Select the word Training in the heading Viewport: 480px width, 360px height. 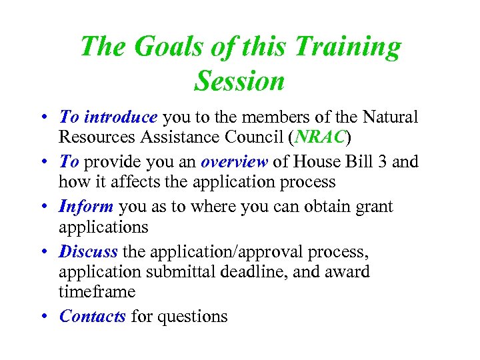348,47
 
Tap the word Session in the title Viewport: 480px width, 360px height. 239,81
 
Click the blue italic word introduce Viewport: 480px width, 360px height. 119,117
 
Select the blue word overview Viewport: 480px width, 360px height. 234,162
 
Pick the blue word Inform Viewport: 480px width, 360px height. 87,207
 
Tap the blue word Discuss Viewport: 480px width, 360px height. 88,251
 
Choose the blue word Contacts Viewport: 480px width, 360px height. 92,316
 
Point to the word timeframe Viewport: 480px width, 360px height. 97,292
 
